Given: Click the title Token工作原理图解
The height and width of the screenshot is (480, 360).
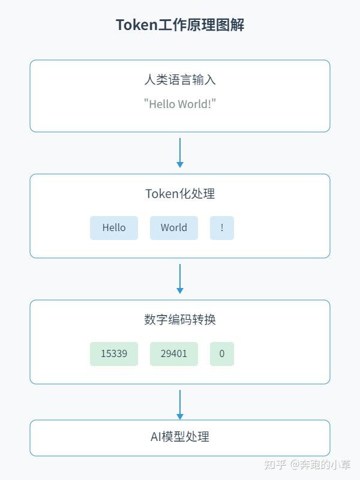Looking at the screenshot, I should point(180,25).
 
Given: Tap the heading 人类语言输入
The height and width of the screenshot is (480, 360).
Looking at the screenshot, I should point(180,79).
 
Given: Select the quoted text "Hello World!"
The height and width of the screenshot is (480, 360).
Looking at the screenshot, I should point(180,104).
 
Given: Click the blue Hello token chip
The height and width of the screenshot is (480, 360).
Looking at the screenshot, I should point(114,228).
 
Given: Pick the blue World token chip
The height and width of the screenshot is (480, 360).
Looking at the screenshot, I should point(174,228).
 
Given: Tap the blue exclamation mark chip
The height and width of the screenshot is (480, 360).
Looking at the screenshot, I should point(222,228).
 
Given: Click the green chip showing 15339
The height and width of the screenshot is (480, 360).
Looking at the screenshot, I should point(114,354).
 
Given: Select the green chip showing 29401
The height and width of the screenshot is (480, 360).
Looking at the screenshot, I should point(174,354).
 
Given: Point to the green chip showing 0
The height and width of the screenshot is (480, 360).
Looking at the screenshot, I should point(222,354).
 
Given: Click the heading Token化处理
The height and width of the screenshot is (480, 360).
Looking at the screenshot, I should point(180,194).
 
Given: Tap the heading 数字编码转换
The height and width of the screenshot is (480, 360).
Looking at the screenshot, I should point(180,319).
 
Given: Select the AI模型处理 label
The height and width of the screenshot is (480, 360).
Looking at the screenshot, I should point(180,437).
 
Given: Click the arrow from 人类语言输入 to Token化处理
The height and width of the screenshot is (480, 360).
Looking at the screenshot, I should point(180,152).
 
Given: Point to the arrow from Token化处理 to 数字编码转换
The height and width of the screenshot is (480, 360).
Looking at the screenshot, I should point(180,278).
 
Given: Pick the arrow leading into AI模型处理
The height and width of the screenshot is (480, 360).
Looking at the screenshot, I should point(180,404).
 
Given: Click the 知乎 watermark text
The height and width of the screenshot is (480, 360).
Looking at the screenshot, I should point(275,465).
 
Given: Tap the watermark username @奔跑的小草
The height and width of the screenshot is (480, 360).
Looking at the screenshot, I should point(321,465).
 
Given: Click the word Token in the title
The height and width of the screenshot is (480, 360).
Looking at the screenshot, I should point(136,25).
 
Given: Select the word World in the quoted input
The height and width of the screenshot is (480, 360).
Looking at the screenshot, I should point(194,104).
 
